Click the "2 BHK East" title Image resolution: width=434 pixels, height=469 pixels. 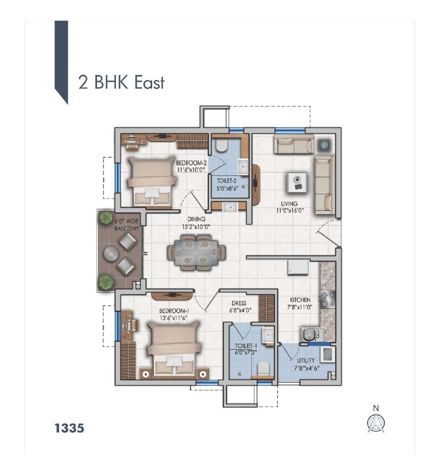coord(121,82)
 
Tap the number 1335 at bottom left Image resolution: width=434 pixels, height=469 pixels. coord(69,428)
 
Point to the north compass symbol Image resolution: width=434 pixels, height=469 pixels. coord(376,420)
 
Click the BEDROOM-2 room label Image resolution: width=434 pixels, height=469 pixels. coord(191,163)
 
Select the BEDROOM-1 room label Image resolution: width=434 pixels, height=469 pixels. coord(174,311)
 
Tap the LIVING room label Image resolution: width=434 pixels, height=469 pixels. coord(289,204)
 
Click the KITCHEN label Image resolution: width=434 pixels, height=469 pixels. coord(300,300)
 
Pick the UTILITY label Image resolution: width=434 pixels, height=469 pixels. coord(306,360)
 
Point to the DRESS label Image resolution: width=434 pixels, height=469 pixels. coord(239,304)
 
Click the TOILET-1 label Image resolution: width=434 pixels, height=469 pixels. coord(246,346)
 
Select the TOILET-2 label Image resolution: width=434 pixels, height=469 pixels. coord(227,181)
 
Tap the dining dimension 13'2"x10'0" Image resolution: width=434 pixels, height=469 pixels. coord(196,227)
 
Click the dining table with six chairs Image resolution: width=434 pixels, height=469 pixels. coord(196,253)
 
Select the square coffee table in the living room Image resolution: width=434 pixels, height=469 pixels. coord(297,183)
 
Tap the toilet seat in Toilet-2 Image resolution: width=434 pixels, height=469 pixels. coord(221,145)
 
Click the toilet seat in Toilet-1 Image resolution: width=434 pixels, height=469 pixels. coord(263,368)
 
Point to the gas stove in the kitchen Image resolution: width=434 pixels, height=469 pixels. coord(327,299)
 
